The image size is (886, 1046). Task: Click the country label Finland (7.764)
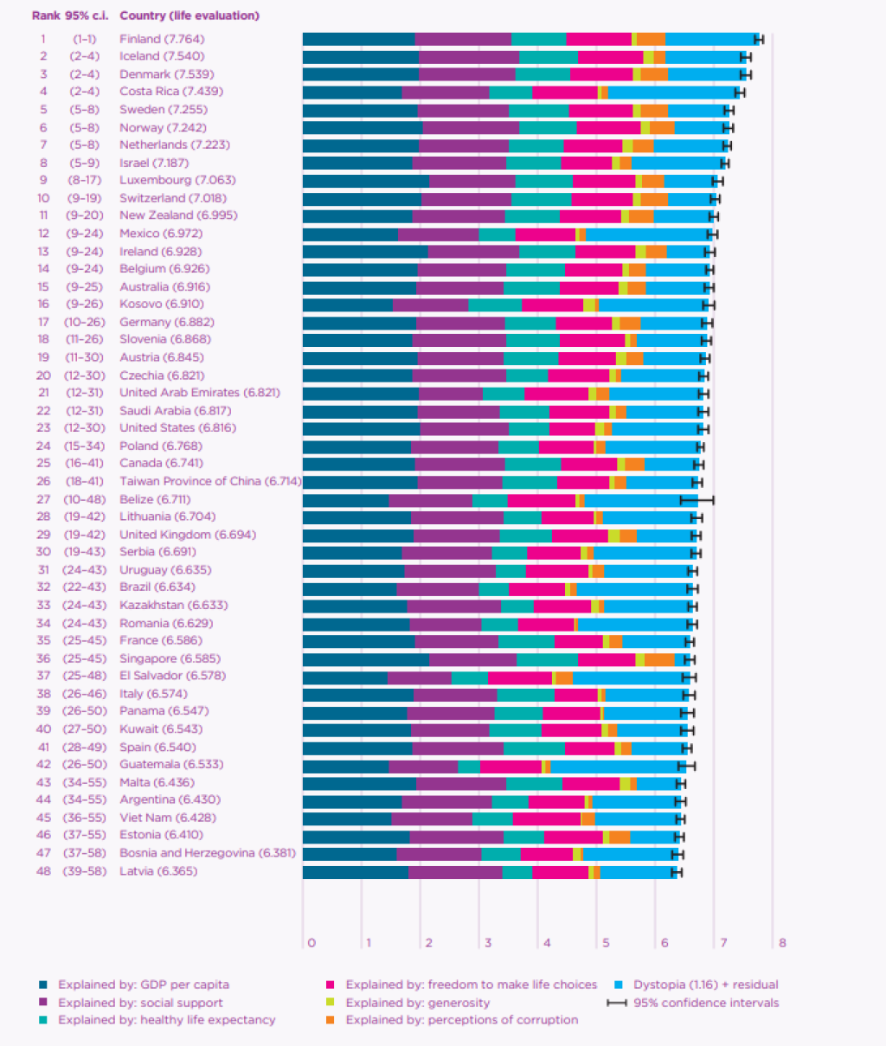tap(162, 39)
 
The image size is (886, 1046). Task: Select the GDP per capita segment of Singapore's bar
tap(365, 659)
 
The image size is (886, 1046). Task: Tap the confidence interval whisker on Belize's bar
tap(697, 499)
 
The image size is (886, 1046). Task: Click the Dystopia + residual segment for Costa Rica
tap(671, 92)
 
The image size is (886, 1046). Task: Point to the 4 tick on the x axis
tap(547, 942)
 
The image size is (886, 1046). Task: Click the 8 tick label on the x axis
tap(782, 942)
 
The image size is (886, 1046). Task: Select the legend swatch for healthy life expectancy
tap(43, 1020)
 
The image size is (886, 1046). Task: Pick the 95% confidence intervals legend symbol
tap(617, 1003)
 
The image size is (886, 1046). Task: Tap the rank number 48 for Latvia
tap(43, 871)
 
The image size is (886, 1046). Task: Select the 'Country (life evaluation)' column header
tap(189, 16)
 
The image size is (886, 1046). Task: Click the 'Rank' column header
tap(45, 16)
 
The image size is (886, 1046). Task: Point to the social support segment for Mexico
tap(438, 234)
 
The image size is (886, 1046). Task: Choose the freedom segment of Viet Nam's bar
tap(547, 818)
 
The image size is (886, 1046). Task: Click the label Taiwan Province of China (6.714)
tap(210, 481)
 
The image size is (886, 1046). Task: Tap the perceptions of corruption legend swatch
tap(331, 1020)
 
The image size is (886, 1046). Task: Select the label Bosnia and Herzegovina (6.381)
tap(208, 853)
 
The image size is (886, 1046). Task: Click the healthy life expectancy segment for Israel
tap(534, 163)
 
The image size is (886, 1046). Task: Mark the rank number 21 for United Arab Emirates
tap(43, 393)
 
